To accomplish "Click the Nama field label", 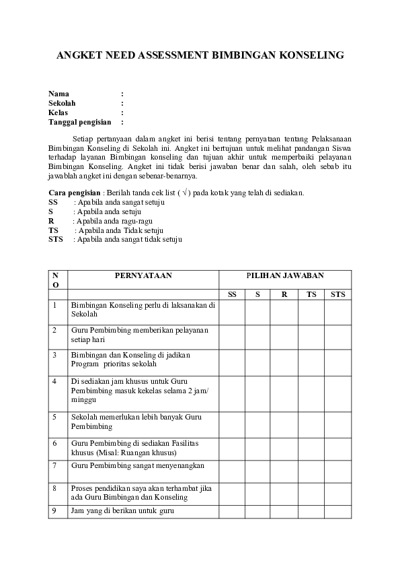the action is pos(58,94).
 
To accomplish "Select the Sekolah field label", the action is pos(62,104).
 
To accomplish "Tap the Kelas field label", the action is pos(59,113).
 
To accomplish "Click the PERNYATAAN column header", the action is pos(143,275).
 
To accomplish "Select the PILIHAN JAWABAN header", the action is pos(285,275).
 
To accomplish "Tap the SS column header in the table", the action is pos(232,294).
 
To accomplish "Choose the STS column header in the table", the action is pos(337,294).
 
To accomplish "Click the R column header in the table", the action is pos(284,294).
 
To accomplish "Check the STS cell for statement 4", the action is pos(337,392).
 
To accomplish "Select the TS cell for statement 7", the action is pos(311,470).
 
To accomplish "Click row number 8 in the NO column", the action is pos(54,487).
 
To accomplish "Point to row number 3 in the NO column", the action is pos(54,354).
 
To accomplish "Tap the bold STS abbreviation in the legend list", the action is pos(56,239).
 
